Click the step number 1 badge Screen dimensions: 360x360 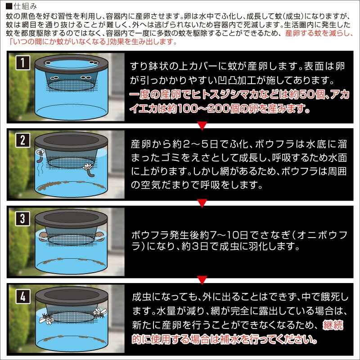[23, 63]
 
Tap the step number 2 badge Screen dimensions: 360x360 [23, 140]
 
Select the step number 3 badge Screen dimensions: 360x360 [23, 218]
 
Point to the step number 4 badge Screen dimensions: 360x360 [23, 297]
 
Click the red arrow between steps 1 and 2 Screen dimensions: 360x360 [202, 126]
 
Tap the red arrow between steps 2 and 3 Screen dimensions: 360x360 [202, 203]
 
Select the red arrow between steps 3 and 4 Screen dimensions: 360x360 [202, 280]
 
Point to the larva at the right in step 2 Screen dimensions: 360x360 [89, 170]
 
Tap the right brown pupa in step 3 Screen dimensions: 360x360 [99, 236]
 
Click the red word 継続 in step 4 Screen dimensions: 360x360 [333, 325]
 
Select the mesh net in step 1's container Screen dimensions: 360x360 [72, 85]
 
